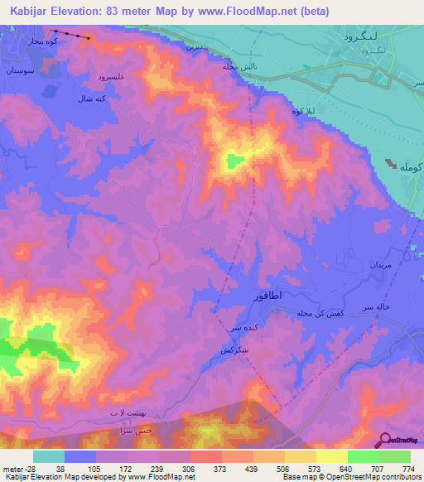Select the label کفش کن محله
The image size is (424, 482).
[319, 314]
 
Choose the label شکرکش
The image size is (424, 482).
[238, 349]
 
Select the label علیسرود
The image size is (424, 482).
[111, 76]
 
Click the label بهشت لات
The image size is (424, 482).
[126, 412]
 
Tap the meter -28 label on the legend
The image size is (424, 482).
[16, 467]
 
